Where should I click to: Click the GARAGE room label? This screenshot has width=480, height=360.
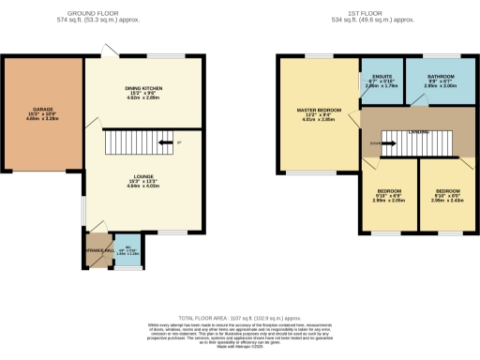pos(42,109)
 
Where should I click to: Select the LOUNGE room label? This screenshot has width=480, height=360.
pos(144,175)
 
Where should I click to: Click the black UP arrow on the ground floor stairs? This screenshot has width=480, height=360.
pos(165,142)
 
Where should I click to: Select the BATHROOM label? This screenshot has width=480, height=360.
pos(440,76)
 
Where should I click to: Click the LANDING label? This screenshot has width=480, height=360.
pos(419,132)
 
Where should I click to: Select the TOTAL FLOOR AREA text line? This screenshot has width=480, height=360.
pos(239,319)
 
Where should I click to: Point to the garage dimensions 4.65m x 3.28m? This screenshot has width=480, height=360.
pos(42,120)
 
